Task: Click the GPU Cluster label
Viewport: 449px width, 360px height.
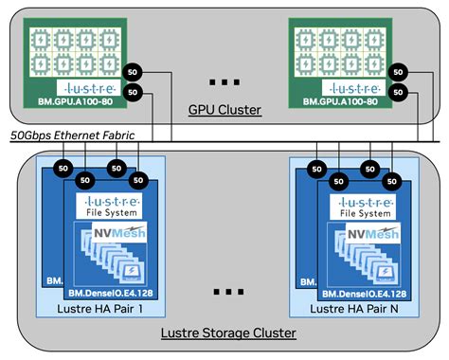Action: pos(224,111)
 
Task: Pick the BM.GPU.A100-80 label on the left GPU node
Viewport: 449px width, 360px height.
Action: pos(78,99)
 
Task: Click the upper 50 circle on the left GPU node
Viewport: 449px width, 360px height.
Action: pos(135,72)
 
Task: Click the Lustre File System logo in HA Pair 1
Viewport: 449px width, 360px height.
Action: pos(112,206)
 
